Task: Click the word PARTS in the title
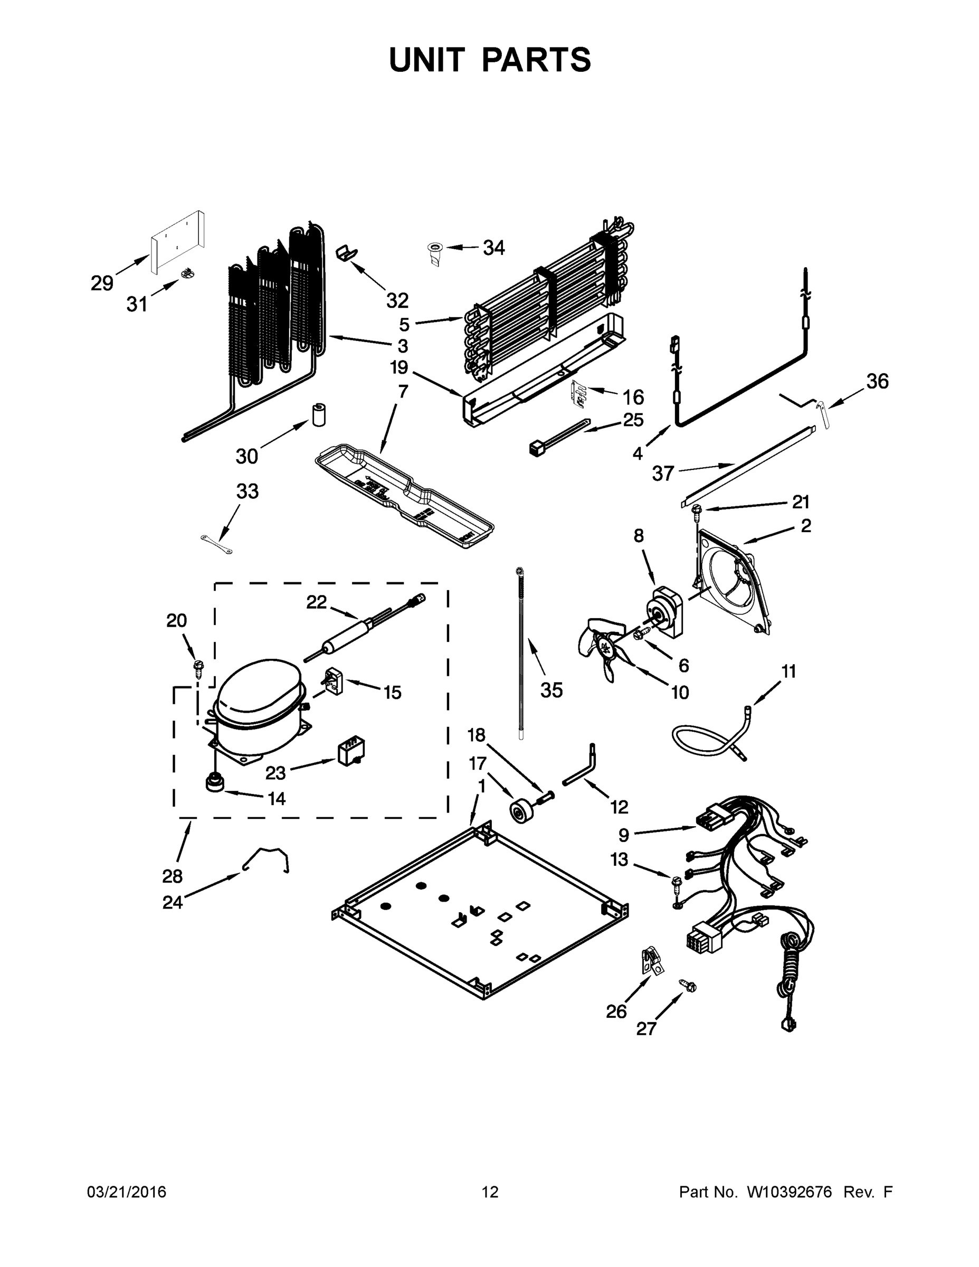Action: coord(536,60)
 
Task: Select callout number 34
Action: coord(493,248)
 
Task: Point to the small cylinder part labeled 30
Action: coord(318,414)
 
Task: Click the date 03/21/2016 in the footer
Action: coord(127,1192)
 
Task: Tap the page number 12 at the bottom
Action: coord(490,1192)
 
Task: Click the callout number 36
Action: coord(877,381)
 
